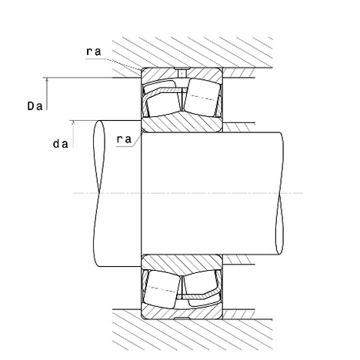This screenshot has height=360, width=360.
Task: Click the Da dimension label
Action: point(35,106)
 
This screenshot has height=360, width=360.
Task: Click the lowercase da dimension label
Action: point(61,144)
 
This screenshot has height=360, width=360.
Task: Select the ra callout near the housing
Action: point(94,52)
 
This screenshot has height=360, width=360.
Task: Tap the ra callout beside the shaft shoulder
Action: point(124,139)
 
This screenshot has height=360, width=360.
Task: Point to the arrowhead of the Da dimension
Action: point(47,80)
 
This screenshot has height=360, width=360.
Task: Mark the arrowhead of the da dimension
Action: point(73,123)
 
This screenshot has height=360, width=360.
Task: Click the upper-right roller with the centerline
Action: point(202,98)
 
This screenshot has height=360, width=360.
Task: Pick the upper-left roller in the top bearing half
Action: point(162,98)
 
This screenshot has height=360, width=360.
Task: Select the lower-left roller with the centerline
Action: point(162,288)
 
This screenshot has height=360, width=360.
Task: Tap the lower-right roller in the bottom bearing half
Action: point(202,289)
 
